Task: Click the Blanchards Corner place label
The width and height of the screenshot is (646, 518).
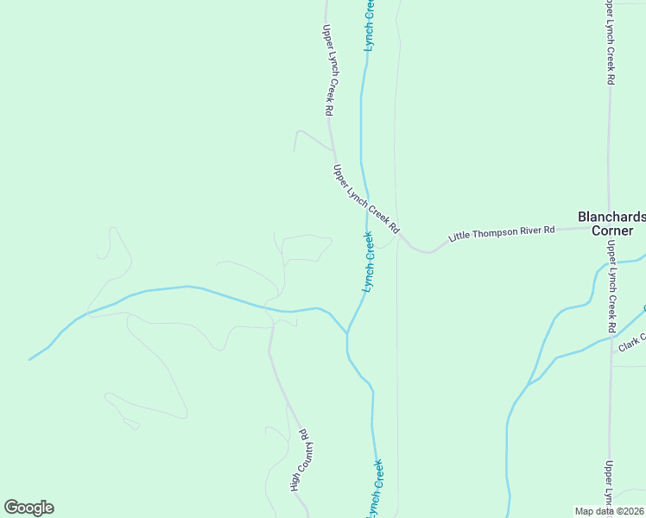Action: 611,224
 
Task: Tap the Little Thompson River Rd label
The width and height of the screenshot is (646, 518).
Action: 501,234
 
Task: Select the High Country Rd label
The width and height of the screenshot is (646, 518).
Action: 299,460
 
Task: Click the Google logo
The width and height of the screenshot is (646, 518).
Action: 28,508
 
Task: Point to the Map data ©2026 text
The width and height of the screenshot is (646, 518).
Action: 610,511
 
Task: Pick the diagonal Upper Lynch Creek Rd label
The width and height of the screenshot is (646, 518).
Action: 367,199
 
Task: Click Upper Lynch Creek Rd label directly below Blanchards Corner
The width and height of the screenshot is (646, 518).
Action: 611,287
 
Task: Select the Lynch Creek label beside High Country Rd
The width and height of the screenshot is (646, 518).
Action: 374,489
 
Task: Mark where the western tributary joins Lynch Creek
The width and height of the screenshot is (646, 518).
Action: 347,332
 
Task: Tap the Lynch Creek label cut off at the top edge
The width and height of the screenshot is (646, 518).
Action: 369,24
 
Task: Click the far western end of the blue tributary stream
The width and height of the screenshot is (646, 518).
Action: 29,359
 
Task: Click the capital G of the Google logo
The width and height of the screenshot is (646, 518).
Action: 12,508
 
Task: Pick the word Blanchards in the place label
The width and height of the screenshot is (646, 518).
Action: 611,217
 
